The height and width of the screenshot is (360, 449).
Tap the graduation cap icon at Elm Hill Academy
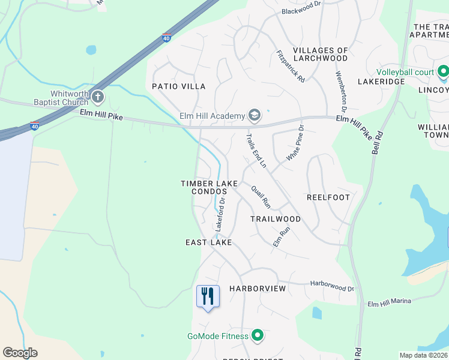tap(255, 116)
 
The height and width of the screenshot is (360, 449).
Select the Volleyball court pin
tap(444, 73)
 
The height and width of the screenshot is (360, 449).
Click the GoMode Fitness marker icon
tap(258, 336)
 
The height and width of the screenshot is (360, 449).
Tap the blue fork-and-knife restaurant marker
tap(208, 296)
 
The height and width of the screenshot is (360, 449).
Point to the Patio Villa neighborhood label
tap(178, 86)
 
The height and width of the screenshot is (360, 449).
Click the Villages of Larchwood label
tap(320, 54)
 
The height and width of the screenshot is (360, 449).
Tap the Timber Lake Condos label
tap(209, 187)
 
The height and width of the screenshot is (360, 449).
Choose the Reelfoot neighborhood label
tap(328, 197)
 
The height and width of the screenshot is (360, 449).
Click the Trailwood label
tap(276, 219)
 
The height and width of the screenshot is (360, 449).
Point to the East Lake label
tap(208, 242)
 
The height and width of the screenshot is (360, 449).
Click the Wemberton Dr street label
tap(341, 92)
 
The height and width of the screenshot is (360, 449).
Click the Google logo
tap(20, 353)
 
